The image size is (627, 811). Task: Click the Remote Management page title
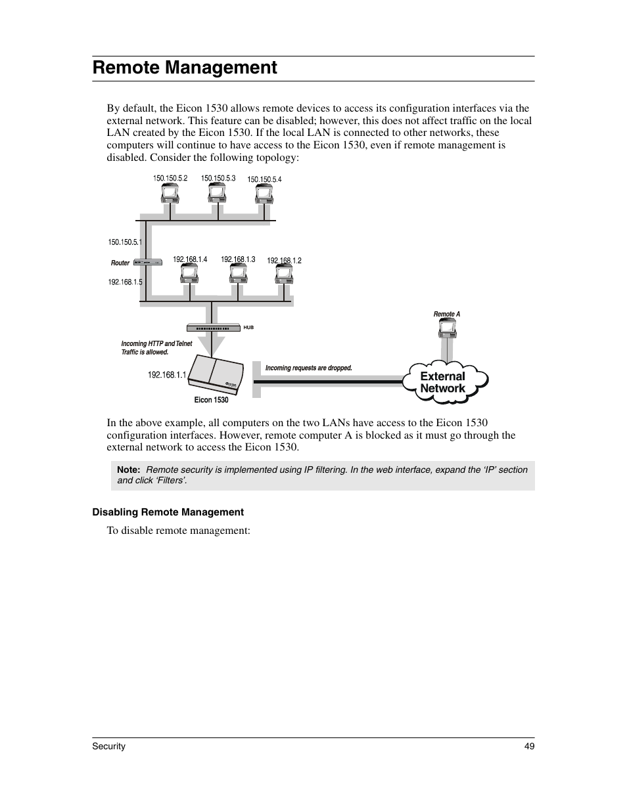coord(185,68)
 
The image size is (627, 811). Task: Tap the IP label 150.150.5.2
coord(170,178)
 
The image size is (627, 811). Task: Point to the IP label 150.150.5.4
coord(264,179)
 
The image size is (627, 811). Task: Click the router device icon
coord(147,263)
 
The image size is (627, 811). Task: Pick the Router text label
coord(120,263)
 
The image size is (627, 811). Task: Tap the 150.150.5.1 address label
coord(125,242)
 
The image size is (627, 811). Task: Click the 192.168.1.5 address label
coord(125,282)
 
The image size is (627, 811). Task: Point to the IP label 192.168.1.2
coord(284,261)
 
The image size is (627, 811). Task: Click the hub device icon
coord(213,327)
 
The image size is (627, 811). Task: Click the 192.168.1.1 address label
coord(167,375)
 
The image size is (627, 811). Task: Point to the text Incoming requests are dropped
coord(309,368)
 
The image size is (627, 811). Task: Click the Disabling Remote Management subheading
coord(168,512)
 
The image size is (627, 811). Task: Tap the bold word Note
coord(129,470)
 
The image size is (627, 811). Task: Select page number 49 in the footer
coord(530,747)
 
